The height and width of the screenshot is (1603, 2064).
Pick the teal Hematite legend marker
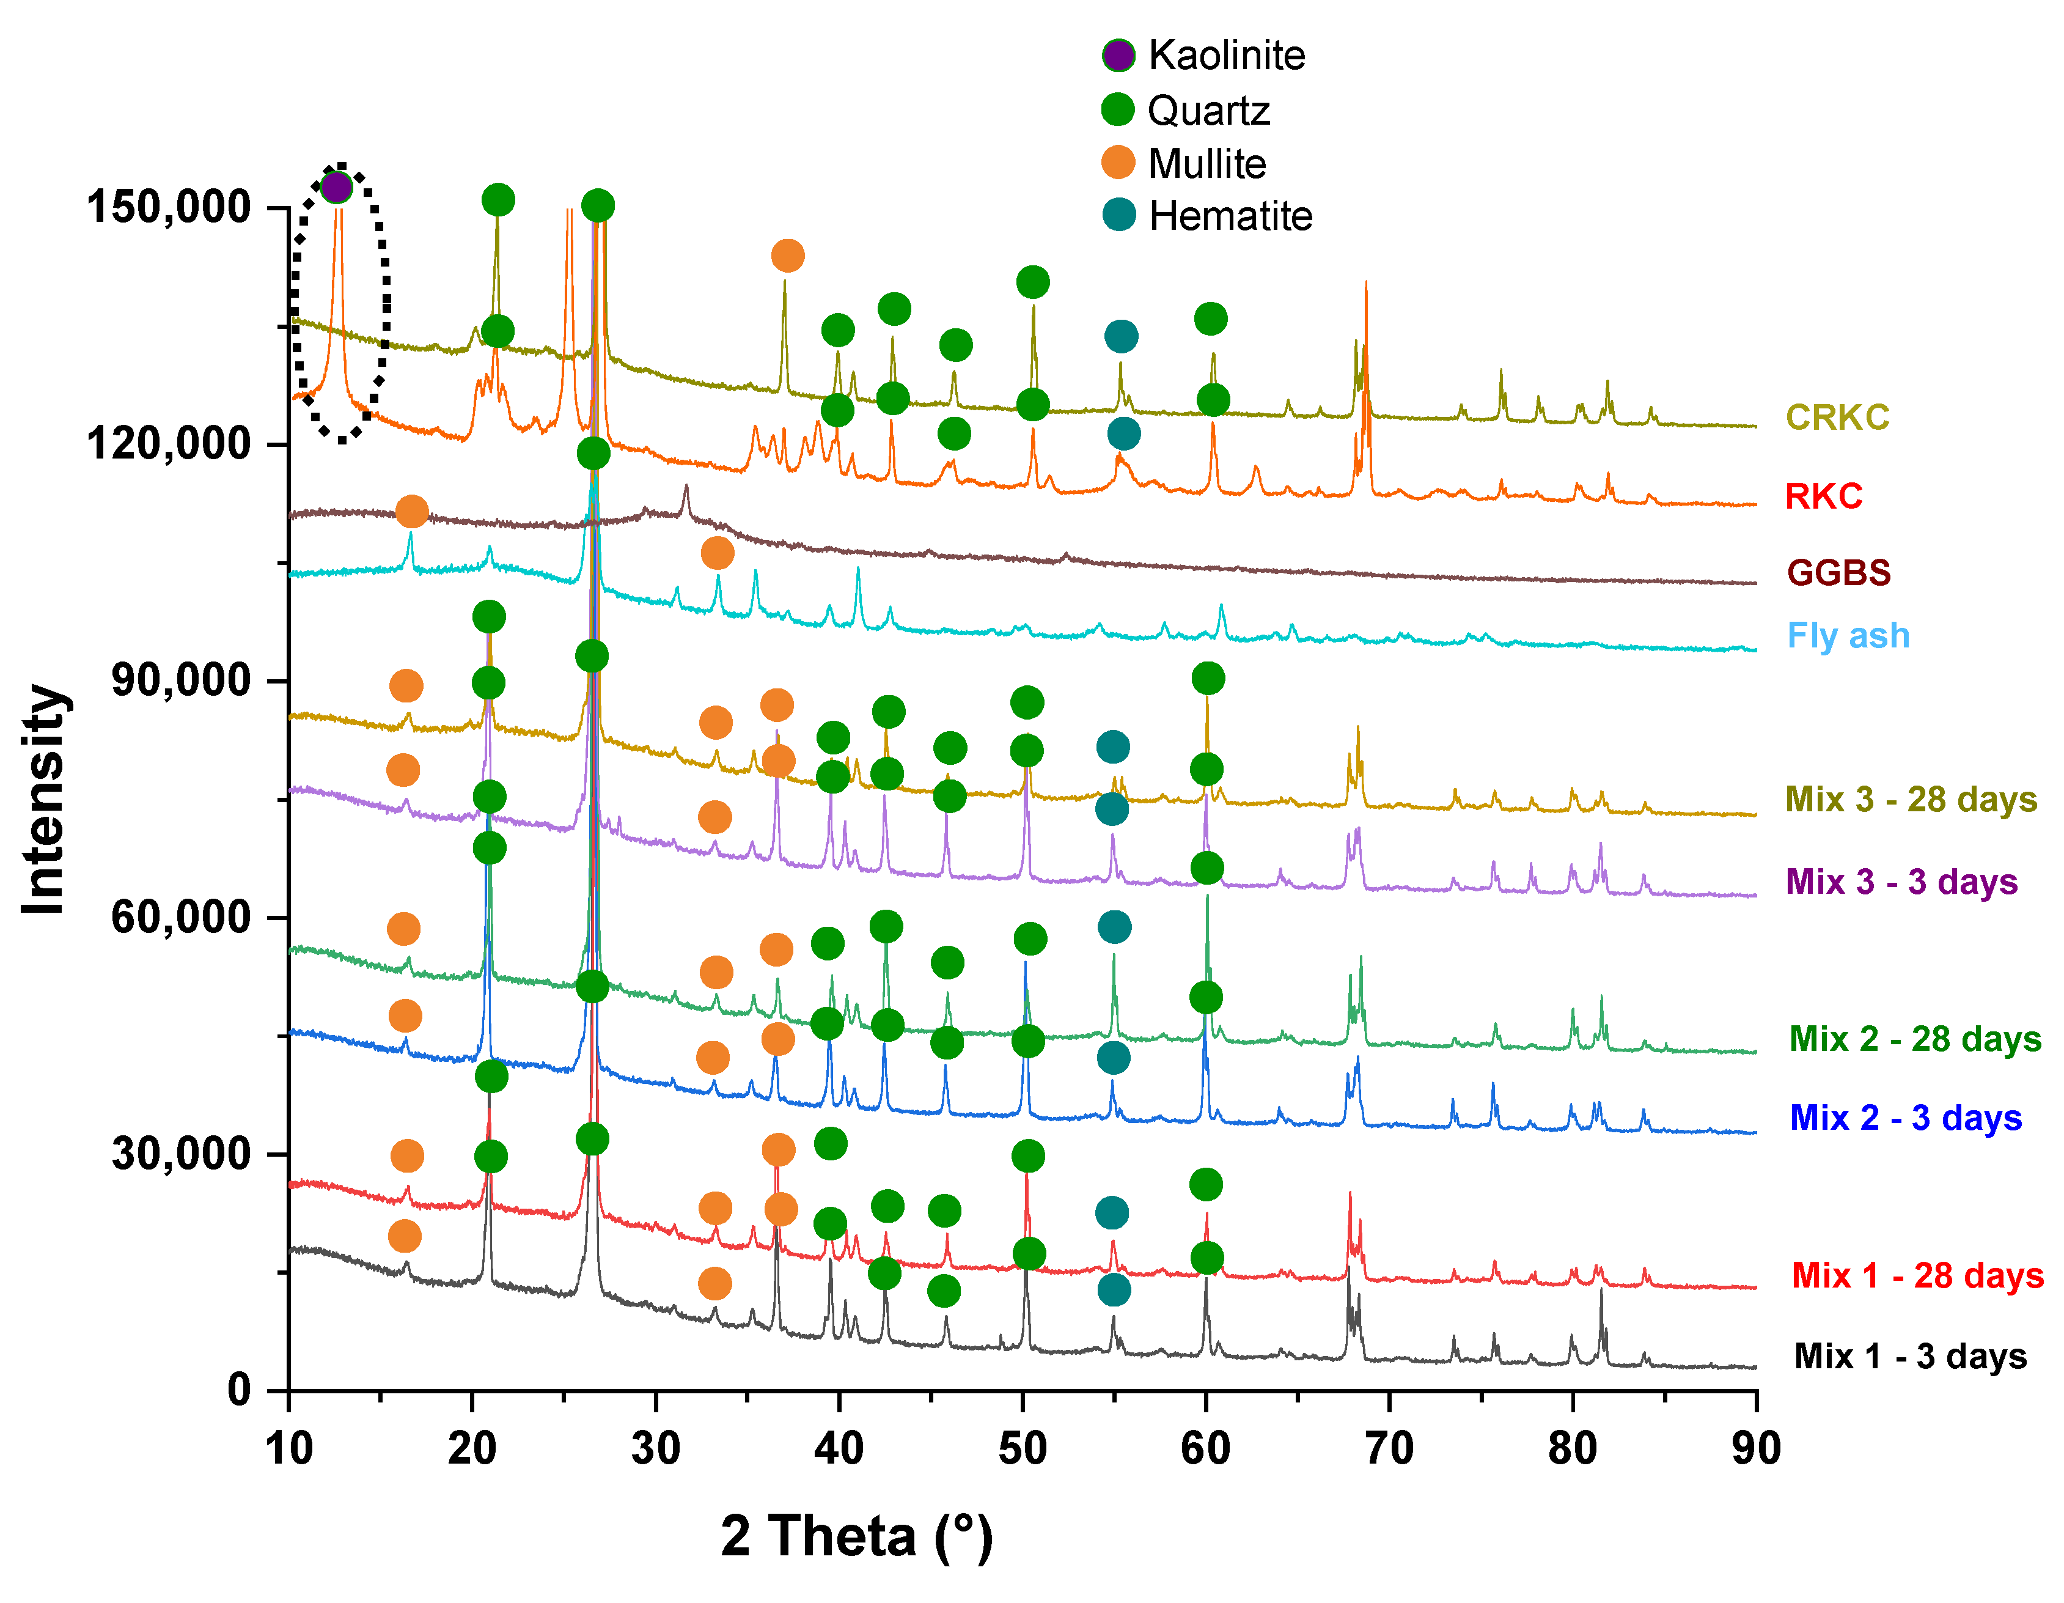click(x=1119, y=215)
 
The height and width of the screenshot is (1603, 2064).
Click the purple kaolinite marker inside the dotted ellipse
click(x=336, y=187)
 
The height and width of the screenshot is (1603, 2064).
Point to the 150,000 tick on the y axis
click(x=168, y=207)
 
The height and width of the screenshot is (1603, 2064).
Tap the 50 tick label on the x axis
click(x=1021, y=1449)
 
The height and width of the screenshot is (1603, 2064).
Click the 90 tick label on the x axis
click(x=1755, y=1449)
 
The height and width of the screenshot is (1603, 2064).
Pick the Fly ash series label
click(x=1848, y=636)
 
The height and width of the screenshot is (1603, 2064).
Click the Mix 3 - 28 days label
click(x=1910, y=800)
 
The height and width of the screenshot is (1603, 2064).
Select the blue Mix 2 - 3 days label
click(x=1905, y=1118)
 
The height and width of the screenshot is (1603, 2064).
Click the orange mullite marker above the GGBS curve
click(x=411, y=511)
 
